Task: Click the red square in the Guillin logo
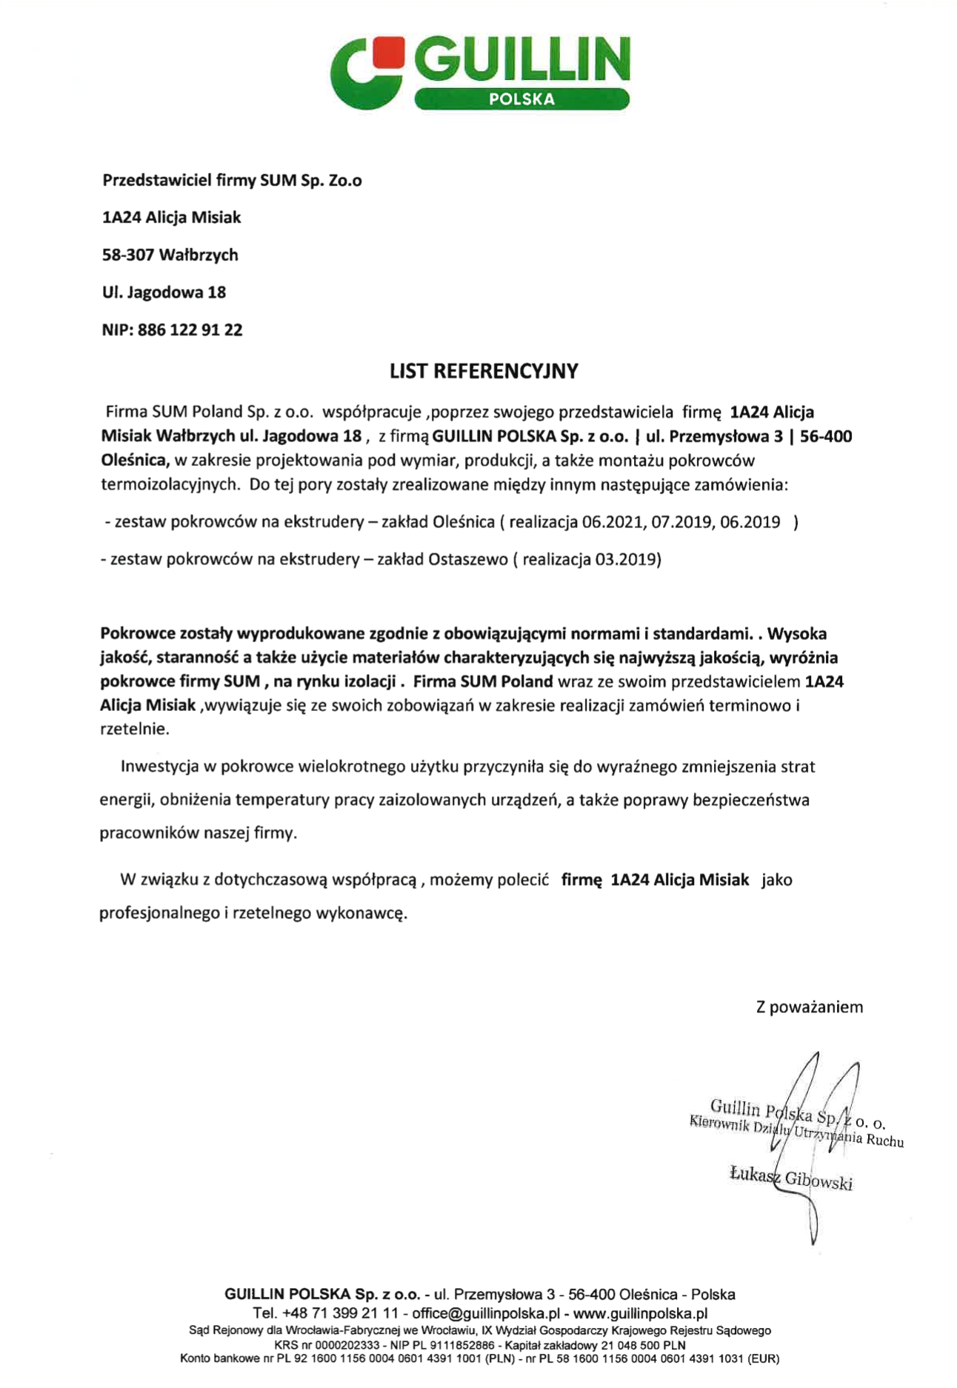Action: point(389,51)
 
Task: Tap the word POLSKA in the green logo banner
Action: point(521,99)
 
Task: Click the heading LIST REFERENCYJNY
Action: point(484,371)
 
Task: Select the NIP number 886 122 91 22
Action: point(190,330)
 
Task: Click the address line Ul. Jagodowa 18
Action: point(164,293)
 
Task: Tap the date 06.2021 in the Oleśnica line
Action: point(613,522)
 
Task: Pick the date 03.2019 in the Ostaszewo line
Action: point(627,559)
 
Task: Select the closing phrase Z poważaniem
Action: point(809,1007)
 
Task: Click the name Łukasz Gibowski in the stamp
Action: point(790,1177)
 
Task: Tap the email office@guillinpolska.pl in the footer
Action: point(485,1313)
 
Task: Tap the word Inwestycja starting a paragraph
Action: point(159,767)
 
